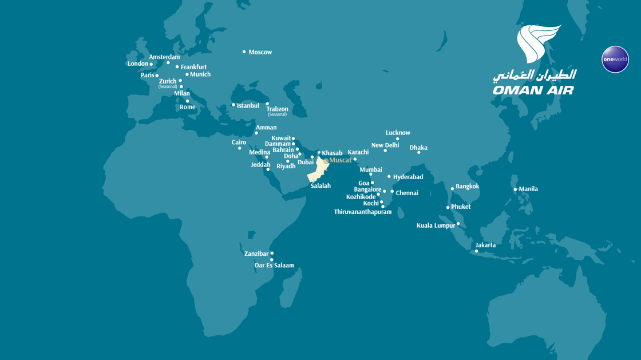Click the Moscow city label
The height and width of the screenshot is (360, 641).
tap(260, 52)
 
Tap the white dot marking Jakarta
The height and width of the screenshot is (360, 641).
tap(476, 251)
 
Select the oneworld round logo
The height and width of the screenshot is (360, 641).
tap(615, 60)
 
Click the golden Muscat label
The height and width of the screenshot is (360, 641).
tap(341, 160)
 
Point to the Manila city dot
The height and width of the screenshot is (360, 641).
tap(515, 189)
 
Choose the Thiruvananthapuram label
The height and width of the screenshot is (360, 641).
tap(363, 212)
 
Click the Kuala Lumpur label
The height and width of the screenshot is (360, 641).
tap(436, 226)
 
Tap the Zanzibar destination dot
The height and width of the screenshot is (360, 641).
tap(272, 253)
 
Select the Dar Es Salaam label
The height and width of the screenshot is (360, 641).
tap(274, 266)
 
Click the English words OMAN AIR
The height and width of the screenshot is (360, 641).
tap(533, 90)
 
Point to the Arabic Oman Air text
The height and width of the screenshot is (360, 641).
tap(535, 76)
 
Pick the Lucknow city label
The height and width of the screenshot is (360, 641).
tap(398, 133)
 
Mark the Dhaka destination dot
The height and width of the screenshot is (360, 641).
tap(418, 153)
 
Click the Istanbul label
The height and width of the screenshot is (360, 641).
tap(248, 106)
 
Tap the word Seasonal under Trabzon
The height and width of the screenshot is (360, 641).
tap(277, 114)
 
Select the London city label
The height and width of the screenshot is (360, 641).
tap(138, 64)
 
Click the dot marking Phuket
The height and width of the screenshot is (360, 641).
tap(448, 208)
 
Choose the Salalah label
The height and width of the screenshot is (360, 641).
tap(320, 186)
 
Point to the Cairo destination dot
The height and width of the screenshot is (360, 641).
tap(240, 149)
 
